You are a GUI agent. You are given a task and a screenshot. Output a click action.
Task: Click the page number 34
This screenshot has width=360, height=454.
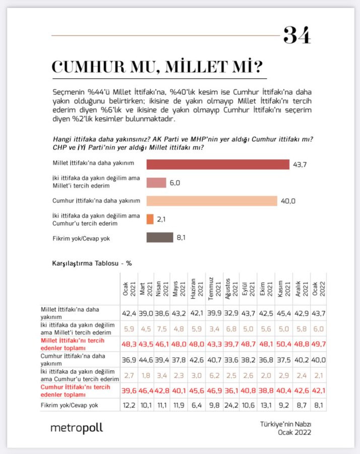(297, 35)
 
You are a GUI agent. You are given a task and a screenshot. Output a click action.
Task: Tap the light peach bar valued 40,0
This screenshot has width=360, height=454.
(212, 201)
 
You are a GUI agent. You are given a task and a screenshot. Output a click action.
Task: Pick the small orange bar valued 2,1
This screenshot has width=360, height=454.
(150, 219)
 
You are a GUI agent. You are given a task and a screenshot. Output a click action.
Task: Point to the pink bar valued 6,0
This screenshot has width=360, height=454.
(156, 183)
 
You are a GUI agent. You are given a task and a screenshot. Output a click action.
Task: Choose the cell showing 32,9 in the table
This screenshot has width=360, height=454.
(230, 312)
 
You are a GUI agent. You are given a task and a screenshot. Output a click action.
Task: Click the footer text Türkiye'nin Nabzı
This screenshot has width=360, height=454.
(286, 424)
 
